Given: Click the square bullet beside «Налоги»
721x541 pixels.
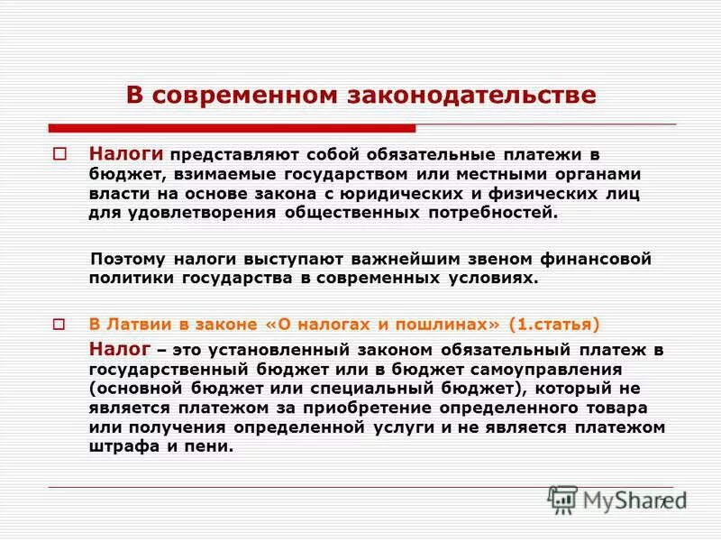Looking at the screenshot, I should click(60, 154).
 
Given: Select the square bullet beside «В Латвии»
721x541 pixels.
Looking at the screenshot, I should click(60, 324).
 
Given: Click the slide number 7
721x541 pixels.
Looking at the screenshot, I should click(662, 502).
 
